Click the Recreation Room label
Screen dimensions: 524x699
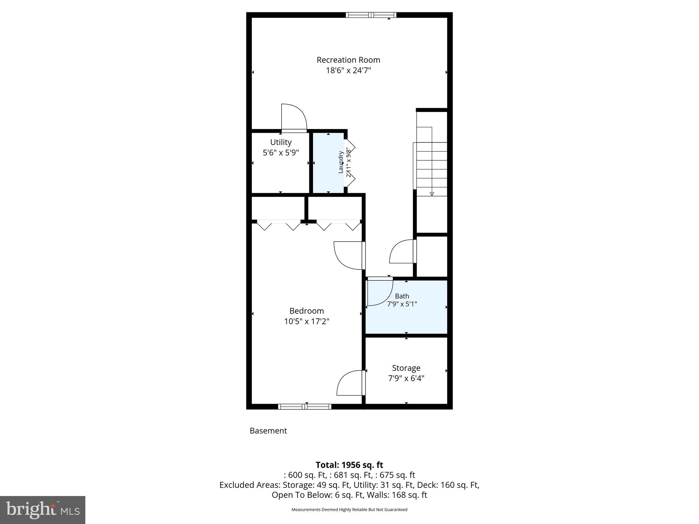point(348,60)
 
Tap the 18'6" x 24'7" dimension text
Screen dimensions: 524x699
point(348,71)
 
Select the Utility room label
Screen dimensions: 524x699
point(281,142)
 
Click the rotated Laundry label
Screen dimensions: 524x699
point(341,162)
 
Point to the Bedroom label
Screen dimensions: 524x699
point(306,311)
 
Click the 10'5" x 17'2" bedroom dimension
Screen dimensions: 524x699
point(306,321)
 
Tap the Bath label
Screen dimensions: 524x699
point(402,296)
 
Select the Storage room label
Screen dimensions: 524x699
point(406,368)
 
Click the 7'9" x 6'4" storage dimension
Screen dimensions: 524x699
point(406,378)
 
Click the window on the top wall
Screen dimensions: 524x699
point(371,15)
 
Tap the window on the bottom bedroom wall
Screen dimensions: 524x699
point(304,407)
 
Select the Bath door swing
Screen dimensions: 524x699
point(380,293)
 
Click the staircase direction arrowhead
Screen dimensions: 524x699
point(432,194)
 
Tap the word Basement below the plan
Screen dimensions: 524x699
point(268,431)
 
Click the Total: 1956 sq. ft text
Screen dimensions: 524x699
point(349,465)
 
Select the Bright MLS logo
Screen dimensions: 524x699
point(43,510)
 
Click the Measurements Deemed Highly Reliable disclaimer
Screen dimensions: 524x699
point(349,510)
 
